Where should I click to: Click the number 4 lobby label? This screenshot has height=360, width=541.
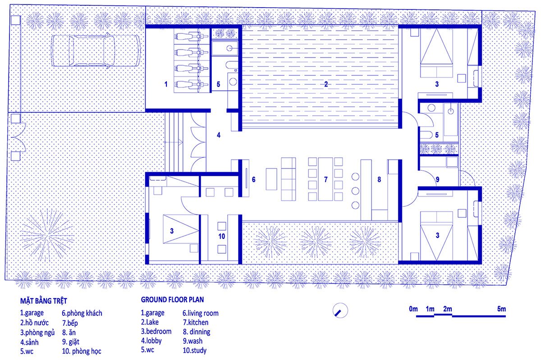point(219,134)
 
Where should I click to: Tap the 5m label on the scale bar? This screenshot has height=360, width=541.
point(502,309)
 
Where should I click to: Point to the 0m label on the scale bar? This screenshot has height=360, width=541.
point(413,309)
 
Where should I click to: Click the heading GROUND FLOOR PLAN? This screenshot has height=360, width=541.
point(173,299)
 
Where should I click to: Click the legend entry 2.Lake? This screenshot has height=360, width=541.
point(150,322)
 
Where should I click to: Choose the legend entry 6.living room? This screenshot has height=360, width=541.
point(201,313)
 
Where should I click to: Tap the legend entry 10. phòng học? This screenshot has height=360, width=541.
point(82,351)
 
